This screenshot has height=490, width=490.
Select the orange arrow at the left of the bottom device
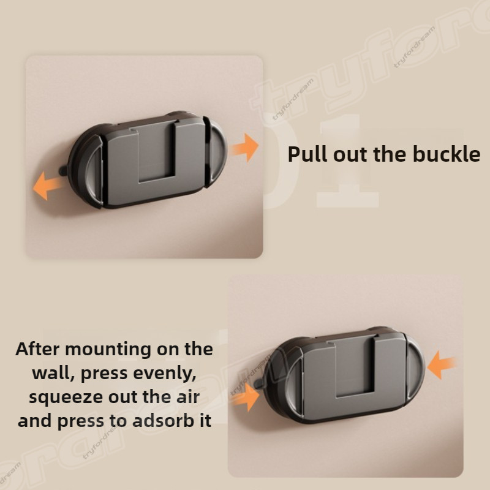point(246,397)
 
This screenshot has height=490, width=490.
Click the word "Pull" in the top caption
point(308,154)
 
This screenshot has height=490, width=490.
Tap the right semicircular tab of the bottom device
point(415,369)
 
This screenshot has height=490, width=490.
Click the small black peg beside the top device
point(63,170)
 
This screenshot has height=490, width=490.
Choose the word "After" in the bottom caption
point(37,349)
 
